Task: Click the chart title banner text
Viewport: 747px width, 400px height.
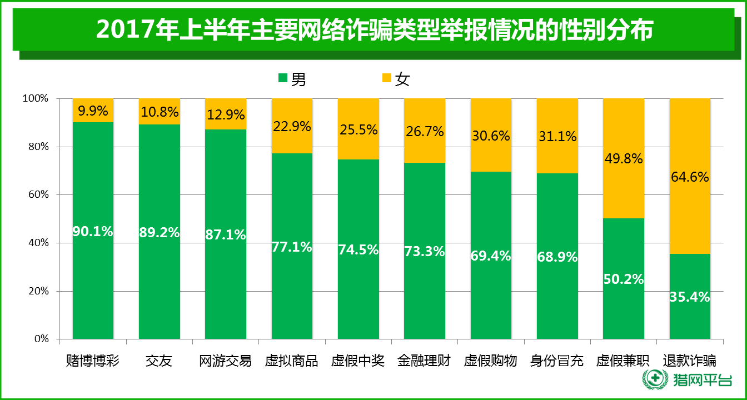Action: pyautogui.click(x=373, y=31)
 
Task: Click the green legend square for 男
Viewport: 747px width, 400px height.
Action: pyautogui.click(x=283, y=79)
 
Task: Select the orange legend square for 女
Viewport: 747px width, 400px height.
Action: pyautogui.click(x=386, y=79)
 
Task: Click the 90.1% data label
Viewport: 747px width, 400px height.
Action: pyautogui.click(x=93, y=232)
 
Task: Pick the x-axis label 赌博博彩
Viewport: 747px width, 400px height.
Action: pyautogui.click(x=93, y=362)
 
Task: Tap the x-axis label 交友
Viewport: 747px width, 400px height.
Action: pyautogui.click(x=159, y=362)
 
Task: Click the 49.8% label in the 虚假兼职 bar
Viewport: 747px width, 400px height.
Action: pyautogui.click(x=624, y=159)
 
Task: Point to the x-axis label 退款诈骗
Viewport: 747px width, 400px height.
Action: pyautogui.click(x=690, y=362)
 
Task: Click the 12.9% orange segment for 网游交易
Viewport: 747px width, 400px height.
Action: pyautogui.click(x=225, y=114)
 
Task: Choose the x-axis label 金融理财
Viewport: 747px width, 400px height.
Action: pyautogui.click(x=425, y=362)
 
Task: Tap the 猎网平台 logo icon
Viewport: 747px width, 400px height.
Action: pyautogui.click(x=654, y=381)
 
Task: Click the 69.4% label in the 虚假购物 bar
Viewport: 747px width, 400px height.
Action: pyautogui.click(x=491, y=256)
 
